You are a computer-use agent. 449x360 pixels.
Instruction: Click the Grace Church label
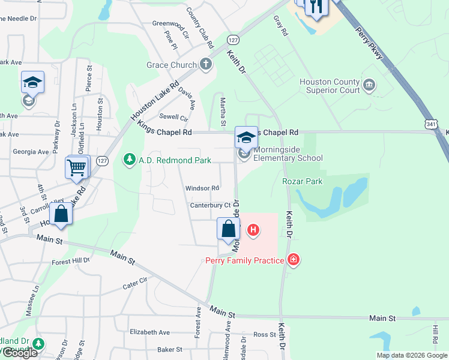[x=172, y=65]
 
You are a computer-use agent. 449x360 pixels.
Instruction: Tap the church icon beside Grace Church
[x=206, y=64]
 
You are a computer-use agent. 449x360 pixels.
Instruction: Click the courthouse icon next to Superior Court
[x=369, y=86]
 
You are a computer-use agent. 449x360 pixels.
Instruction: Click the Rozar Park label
[x=302, y=181]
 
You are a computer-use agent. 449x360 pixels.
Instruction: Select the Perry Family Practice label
[x=246, y=260]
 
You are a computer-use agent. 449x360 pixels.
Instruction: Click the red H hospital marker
[x=253, y=229]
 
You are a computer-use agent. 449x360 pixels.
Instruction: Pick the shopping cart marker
[x=77, y=167]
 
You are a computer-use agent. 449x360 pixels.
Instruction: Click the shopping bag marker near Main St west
[x=61, y=214]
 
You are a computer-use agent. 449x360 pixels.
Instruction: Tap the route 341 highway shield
[x=432, y=124]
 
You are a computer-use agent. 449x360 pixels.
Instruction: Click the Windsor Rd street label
[x=202, y=188]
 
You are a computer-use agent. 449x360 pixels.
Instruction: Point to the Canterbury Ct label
[x=210, y=205]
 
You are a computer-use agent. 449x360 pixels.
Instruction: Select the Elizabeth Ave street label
[x=149, y=332]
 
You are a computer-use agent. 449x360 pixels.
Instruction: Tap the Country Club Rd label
[x=200, y=28]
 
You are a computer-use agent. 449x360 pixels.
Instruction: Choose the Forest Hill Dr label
[x=71, y=261]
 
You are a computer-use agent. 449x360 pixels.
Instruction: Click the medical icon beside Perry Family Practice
[x=294, y=260]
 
